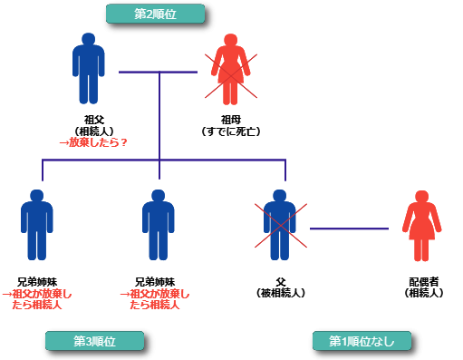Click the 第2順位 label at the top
coord(155,14)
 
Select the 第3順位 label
coord(94,341)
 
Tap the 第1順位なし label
coord(362,341)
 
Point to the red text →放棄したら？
coord(92,142)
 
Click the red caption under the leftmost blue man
coord(37,299)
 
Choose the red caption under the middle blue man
coord(155,299)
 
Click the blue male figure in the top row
coord(88,69)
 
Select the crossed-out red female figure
coord(231,70)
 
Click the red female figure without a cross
coord(421,227)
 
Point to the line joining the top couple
coord(159,72)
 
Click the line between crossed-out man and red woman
coord(349,229)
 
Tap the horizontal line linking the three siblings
coord(100,161)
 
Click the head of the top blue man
coord(88,40)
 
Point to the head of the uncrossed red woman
coord(421,197)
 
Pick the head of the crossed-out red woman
coord(231,41)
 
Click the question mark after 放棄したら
coord(123,142)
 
